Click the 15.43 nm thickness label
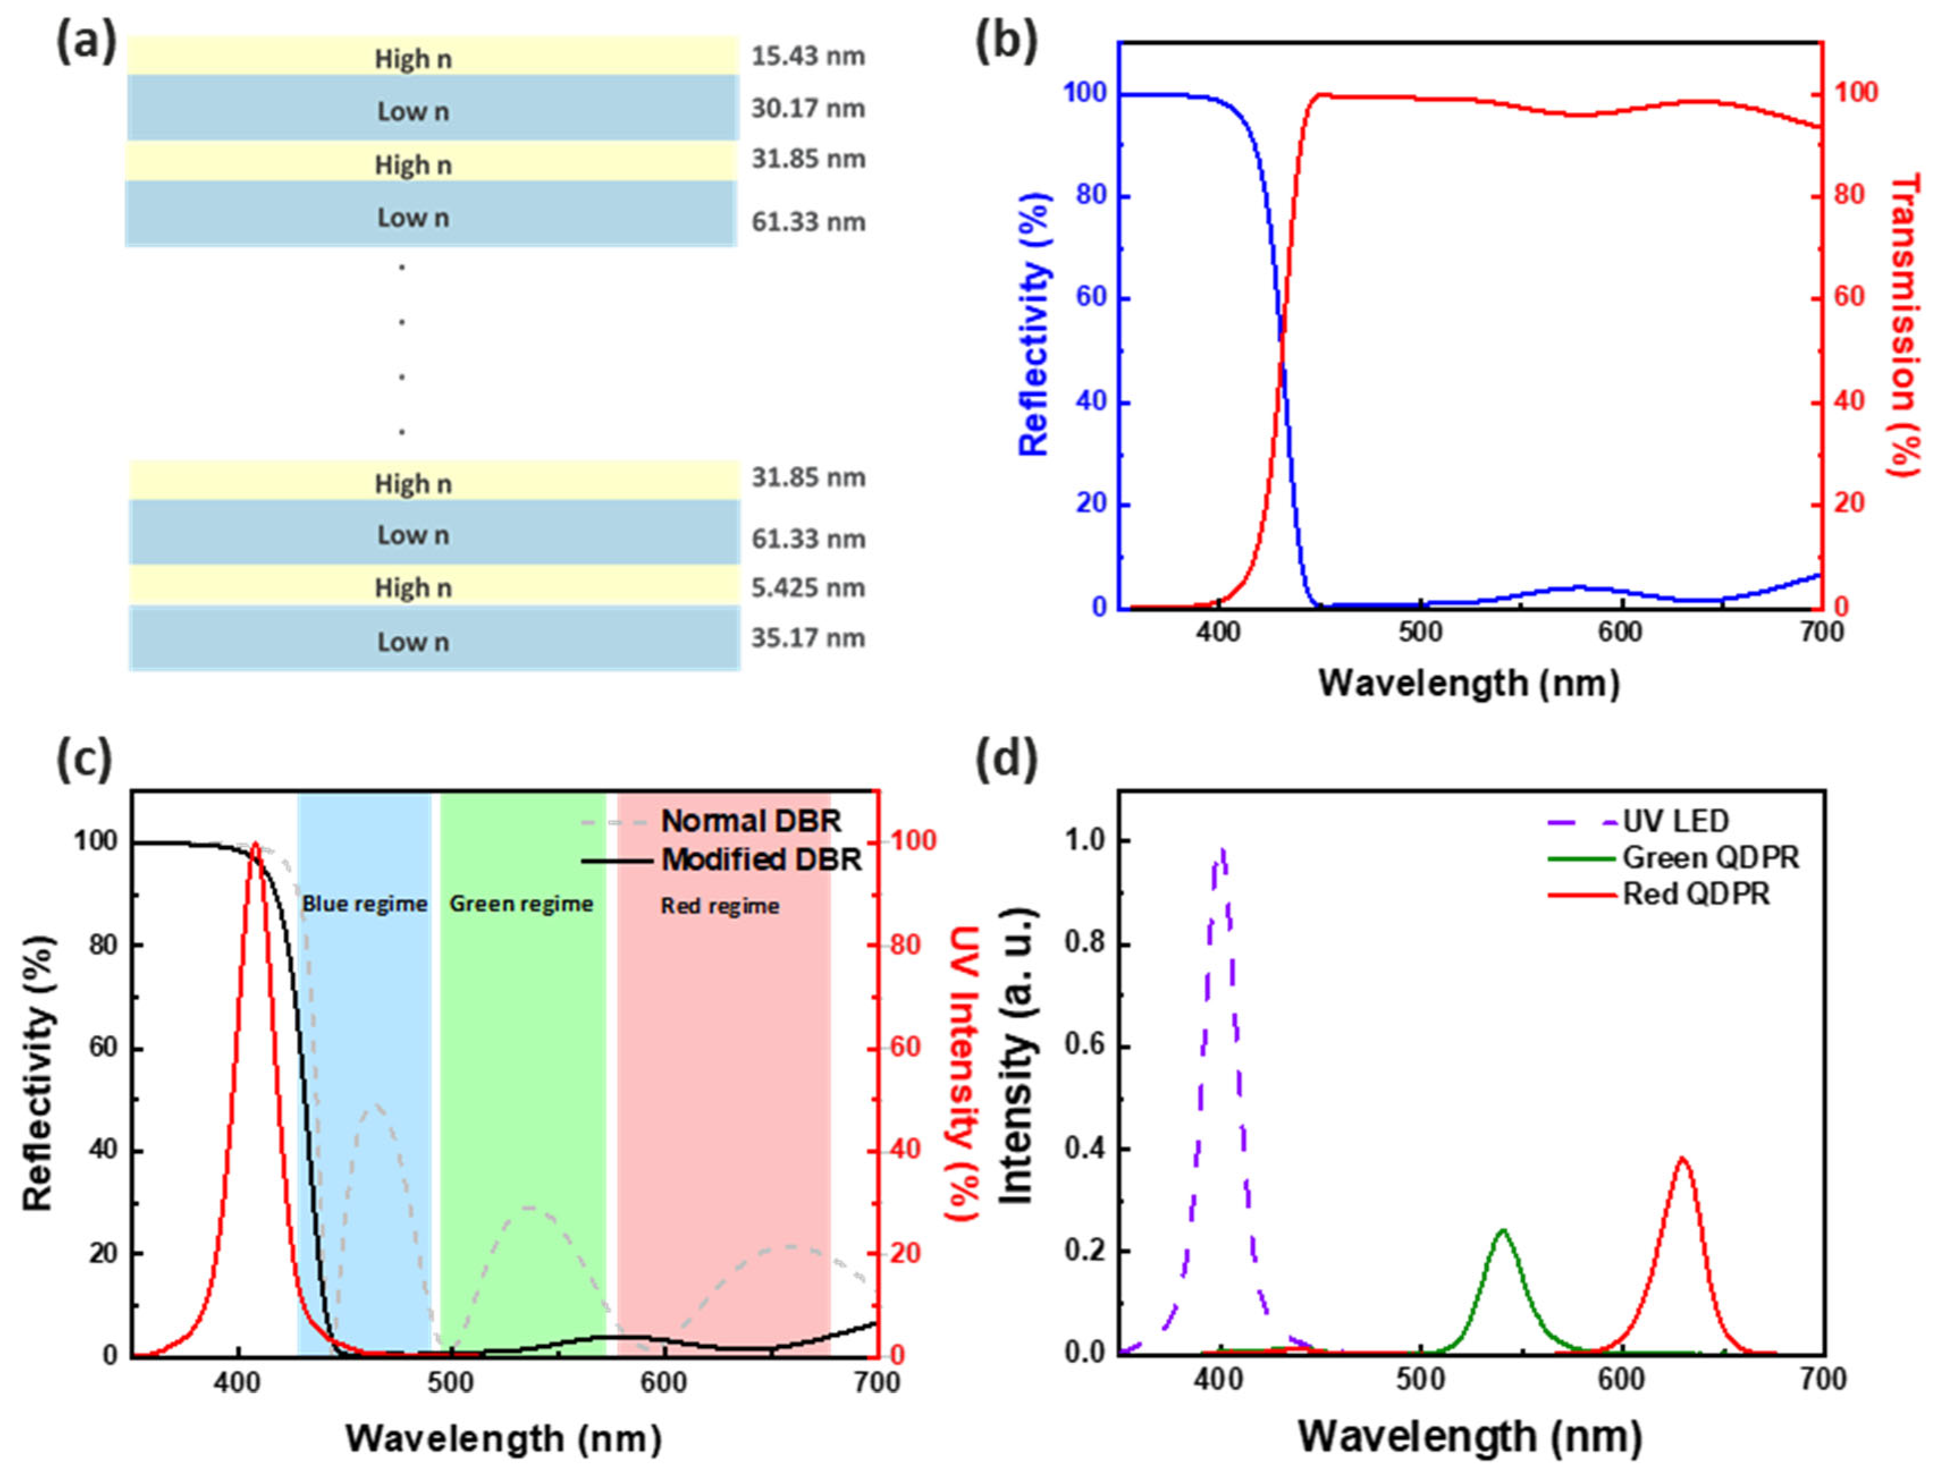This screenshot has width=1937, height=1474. click(x=808, y=56)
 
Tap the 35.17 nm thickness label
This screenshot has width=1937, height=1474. click(x=808, y=638)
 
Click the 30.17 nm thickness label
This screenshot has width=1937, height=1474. click(x=808, y=109)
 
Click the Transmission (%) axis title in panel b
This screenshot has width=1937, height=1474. click(x=1903, y=325)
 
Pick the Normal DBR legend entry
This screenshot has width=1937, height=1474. click(x=750, y=821)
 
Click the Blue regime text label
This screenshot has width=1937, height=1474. click(x=364, y=904)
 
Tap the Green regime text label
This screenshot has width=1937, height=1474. click(x=521, y=904)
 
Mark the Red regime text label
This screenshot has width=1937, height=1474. click(x=720, y=905)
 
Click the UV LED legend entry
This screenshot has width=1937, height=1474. click(x=1674, y=821)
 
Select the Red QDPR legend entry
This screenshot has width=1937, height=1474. click(x=1695, y=894)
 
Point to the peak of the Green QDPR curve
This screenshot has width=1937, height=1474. click(x=1503, y=1230)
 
